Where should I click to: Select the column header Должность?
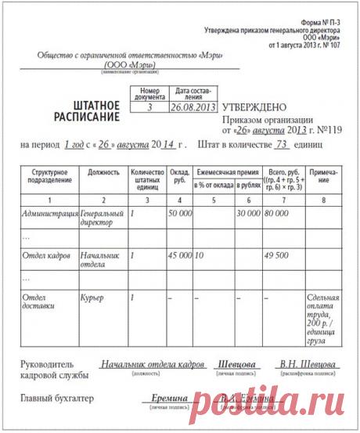click(104, 171)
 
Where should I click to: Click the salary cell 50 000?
click(180, 213)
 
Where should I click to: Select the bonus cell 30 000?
click(248, 213)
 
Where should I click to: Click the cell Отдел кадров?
click(48, 255)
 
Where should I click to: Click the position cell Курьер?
click(92, 298)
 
